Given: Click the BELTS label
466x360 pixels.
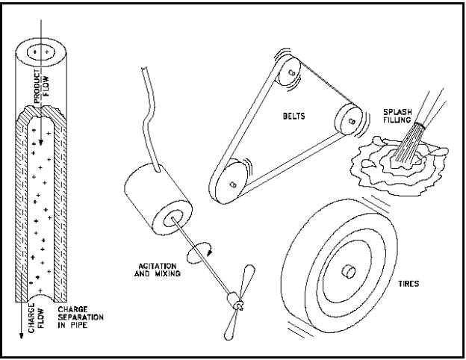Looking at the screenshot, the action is (293, 116).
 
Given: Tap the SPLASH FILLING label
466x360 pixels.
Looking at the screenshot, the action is (397, 116).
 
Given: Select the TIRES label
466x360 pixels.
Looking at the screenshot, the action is (408, 284).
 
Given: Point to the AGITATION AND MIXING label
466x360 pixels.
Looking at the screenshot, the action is (158, 270).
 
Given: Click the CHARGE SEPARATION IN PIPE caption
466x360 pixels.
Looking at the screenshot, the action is (81, 317).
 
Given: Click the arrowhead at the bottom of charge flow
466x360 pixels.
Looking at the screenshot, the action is (21, 335).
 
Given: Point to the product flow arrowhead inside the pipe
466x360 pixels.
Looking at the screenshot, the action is (41, 143).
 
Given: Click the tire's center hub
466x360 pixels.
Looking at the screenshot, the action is (349, 271).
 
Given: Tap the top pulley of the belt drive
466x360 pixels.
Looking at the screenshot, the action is (289, 72).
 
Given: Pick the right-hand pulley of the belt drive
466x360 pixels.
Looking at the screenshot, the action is (349, 120).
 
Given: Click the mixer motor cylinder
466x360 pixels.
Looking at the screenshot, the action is (158, 199).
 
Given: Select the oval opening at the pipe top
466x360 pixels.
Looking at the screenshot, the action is (41, 52).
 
